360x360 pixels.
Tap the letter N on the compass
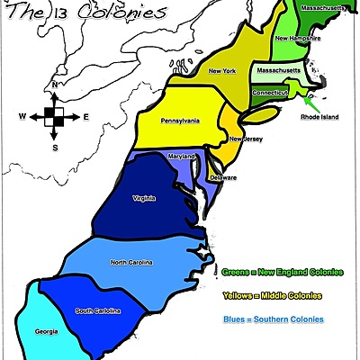[55, 85]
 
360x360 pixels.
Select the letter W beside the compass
[22, 117]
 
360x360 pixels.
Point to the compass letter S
[55, 147]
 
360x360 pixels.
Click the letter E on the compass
[86, 117]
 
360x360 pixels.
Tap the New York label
[222, 70]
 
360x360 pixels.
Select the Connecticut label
[270, 91]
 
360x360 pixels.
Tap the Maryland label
[182, 157]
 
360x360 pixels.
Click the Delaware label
[223, 177]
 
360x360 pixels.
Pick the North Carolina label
[131, 262]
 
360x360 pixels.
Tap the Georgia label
[47, 331]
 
